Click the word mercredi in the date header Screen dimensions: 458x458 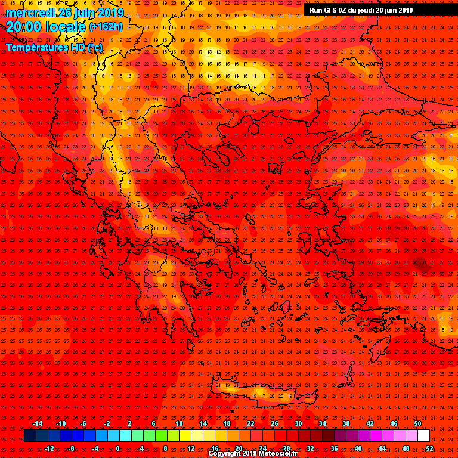30,13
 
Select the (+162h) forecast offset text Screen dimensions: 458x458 106,27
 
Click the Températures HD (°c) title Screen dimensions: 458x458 54,47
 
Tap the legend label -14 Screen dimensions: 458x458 37,424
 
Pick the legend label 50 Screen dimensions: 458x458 417,424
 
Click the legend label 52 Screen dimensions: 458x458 429,448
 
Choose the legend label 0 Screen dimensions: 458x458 117,448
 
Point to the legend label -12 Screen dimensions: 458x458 49,448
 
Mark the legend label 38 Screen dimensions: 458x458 346,424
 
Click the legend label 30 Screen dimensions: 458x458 298,424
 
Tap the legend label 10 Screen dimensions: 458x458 179,424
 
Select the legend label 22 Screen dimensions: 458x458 250,424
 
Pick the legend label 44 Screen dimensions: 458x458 382,448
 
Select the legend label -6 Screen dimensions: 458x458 83,424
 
